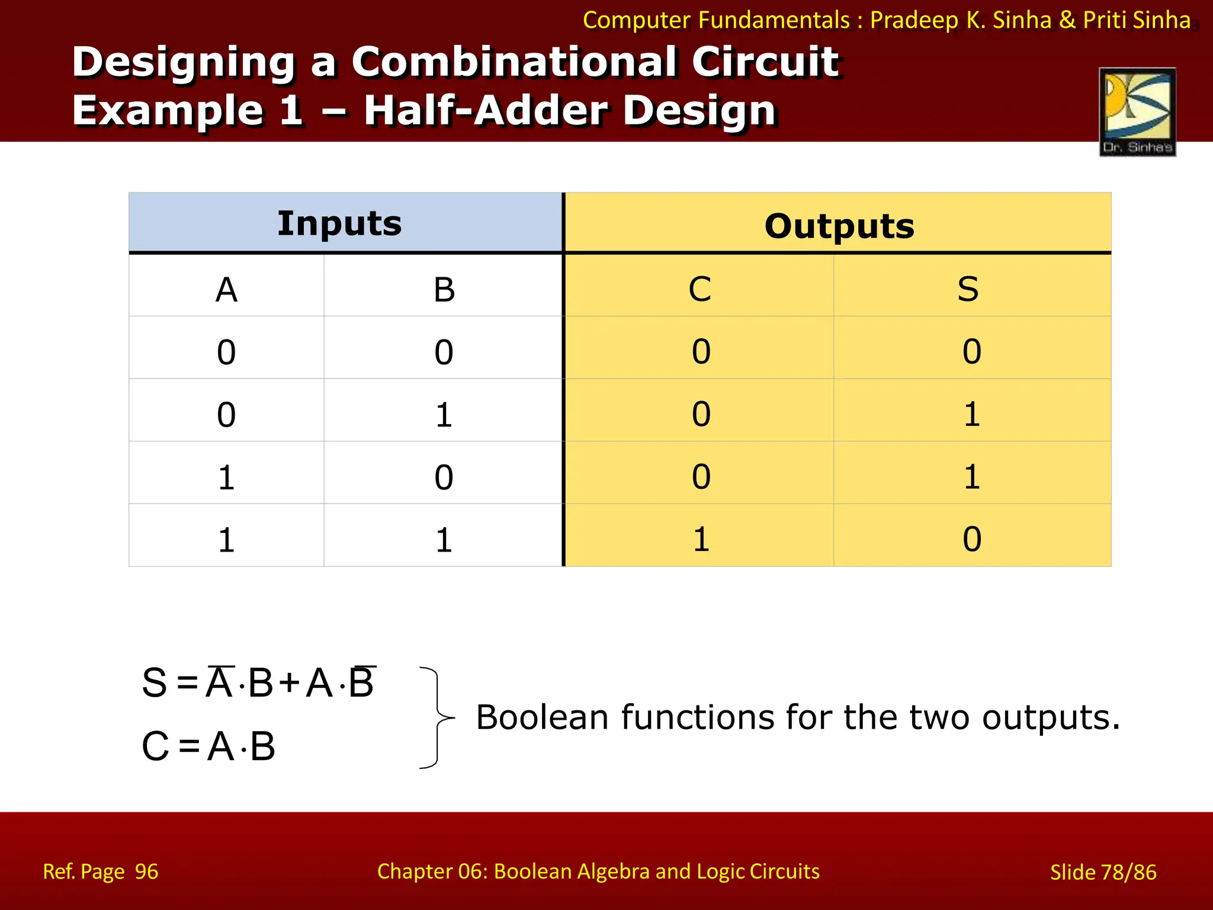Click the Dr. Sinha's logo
pos(1137,111)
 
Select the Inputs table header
pos(339,223)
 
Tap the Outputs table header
pos(839,226)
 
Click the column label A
pos(226,290)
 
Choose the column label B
pos(444,290)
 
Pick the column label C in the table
pos(699,289)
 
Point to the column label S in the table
pos(968,289)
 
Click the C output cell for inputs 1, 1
pos(701,539)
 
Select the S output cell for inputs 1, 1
pos(971,539)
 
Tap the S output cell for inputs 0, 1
pos(971,414)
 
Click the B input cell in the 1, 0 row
pos(444,477)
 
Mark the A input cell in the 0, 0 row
pos(226,352)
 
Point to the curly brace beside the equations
pos(437,717)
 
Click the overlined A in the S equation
pos(219,682)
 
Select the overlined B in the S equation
pos(361,682)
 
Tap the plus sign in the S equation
pos(290,683)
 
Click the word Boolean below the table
pos(542,717)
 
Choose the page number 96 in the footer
pos(146,871)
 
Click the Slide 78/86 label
pos(1103,872)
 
